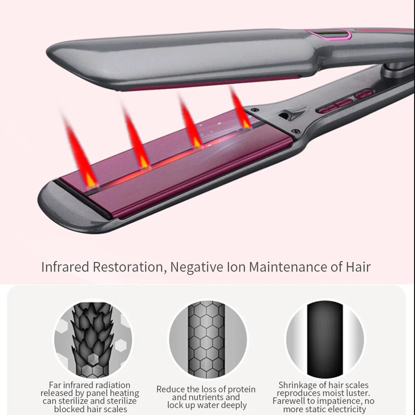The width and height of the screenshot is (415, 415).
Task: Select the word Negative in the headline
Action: (x=195, y=266)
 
